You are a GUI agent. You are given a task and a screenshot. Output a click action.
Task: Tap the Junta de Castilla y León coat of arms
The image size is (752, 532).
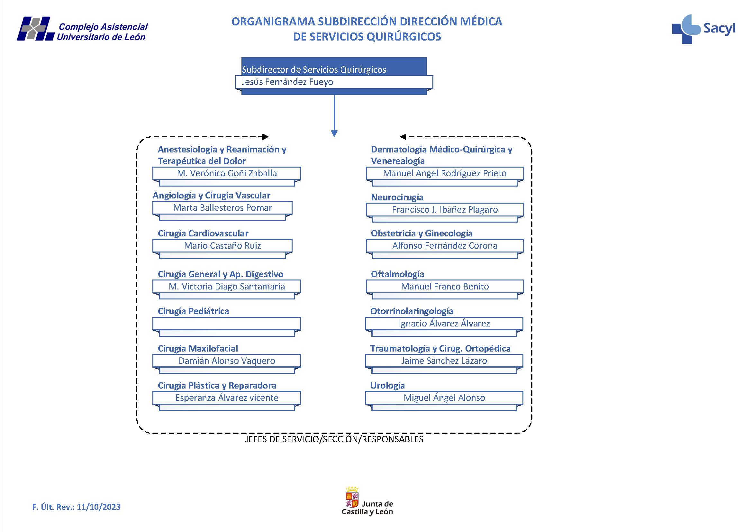coord(352,497)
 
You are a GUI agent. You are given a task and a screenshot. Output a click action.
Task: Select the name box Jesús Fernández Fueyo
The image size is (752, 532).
coord(334,82)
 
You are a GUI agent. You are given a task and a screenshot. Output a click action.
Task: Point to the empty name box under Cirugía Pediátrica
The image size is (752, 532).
coord(226,324)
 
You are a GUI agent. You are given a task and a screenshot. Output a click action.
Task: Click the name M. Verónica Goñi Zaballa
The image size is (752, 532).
coord(227,173)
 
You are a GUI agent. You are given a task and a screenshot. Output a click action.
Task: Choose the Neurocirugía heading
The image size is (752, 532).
coord(397,197)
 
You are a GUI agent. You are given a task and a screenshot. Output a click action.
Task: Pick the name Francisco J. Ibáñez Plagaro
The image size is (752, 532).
coord(444,210)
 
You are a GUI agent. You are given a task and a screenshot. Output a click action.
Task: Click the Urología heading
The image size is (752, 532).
coord(387,385)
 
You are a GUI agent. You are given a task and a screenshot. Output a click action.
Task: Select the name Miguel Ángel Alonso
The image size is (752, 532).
coord(444,398)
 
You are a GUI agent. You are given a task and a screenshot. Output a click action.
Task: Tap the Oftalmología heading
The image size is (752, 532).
coord(397,274)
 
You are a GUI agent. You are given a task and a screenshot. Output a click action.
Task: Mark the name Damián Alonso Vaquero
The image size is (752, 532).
coord(227,361)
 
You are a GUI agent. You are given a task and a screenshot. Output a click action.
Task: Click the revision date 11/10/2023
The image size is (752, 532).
coord(99,507)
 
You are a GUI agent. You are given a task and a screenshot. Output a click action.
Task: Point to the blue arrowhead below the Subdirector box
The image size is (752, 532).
coord(334,133)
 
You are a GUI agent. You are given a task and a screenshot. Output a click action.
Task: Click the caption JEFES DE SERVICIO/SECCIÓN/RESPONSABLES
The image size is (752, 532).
coord(334,439)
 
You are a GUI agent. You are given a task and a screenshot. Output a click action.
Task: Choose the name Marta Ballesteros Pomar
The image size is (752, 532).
coord(222,208)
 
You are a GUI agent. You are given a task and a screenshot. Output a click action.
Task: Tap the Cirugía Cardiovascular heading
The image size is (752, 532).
coord(203,233)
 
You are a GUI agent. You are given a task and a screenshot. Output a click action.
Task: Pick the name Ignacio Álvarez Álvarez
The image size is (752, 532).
coord(444,324)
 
